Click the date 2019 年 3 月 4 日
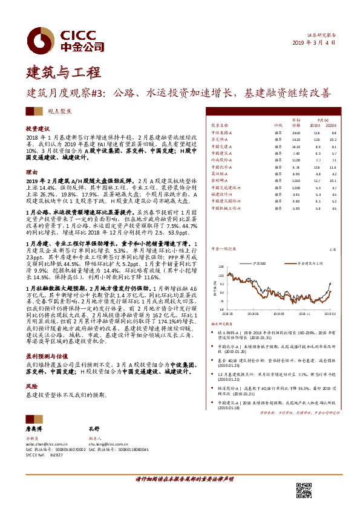click(313, 44)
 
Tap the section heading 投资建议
click(38, 129)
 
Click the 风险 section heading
click(31, 385)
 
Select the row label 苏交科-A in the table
click(218, 139)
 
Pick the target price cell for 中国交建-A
click(296, 146)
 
